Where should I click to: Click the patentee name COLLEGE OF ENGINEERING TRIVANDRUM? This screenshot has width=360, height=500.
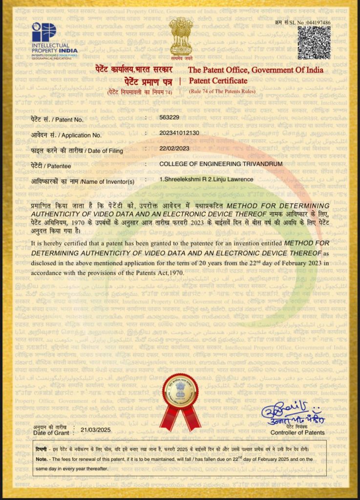point(221,164)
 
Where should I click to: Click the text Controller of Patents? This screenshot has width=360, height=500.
point(297,433)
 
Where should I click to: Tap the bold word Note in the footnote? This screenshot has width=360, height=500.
point(41,459)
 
